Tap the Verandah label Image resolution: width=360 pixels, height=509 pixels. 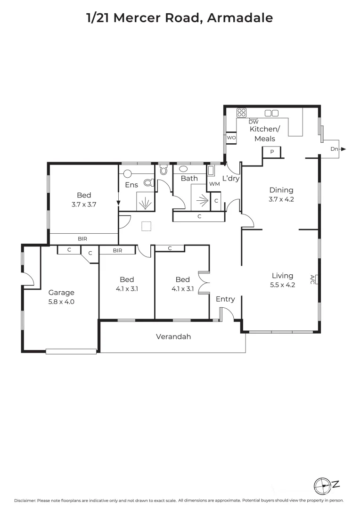click(x=173, y=337)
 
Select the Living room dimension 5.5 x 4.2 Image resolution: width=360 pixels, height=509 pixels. click(x=282, y=285)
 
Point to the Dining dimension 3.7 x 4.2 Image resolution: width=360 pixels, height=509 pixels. click(x=281, y=199)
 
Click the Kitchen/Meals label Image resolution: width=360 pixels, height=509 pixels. click(x=264, y=133)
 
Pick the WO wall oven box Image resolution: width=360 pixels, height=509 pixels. click(x=231, y=138)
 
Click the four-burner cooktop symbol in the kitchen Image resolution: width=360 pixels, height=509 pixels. click(x=242, y=113)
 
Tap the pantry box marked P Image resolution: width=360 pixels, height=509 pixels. click(x=272, y=152)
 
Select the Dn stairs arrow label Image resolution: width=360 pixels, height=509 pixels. click(x=334, y=149)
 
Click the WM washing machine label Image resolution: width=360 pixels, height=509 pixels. click(x=214, y=184)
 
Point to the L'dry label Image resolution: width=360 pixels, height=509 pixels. click(x=231, y=178)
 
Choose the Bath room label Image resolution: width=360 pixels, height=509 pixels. click(x=189, y=178)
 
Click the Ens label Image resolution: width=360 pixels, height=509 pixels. click(x=131, y=185)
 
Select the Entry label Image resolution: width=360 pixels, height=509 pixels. click(x=225, y=299)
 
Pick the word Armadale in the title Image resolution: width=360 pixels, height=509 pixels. click(x=240, y=18)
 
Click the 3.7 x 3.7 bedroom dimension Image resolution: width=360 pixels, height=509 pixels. click(x=83, y=205)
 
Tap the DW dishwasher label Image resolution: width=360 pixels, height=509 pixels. click(x=254, y=122)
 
